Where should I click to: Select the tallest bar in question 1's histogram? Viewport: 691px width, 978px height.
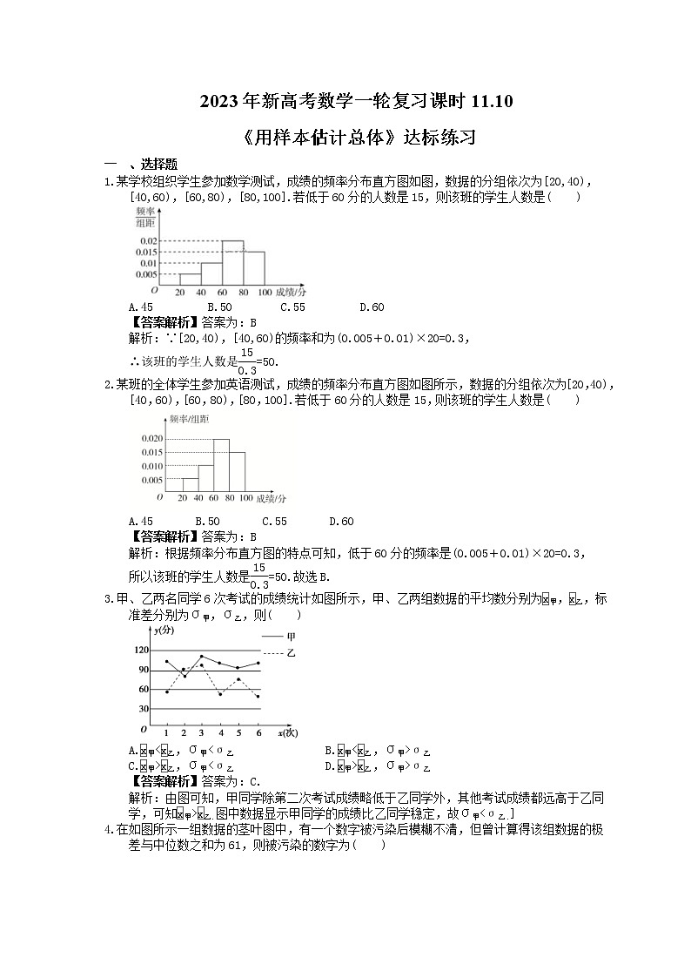coord(232,262)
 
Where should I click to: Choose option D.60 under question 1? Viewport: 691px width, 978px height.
coord(371,307)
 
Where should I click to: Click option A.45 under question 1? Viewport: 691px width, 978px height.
coord(140,307)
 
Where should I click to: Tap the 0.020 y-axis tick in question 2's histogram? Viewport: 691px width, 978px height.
coord(151,438)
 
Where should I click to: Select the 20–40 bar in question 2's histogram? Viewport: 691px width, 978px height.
coord(190,484)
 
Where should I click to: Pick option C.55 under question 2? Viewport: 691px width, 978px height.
coord(274,521)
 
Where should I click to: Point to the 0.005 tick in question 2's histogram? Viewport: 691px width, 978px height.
coord(151,479)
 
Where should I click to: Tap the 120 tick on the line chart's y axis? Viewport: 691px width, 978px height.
coord(140,650)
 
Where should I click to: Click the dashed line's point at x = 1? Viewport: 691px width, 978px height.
coord(166,692)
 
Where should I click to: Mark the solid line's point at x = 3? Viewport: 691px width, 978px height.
coord(202,657)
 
